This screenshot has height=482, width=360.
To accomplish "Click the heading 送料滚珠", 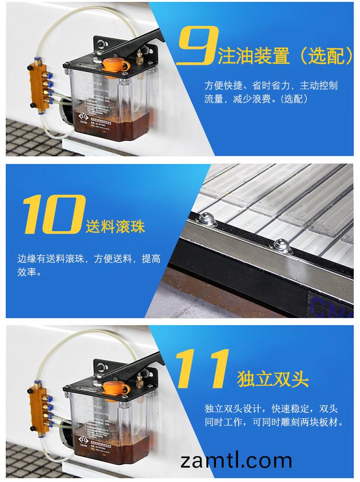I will click(115, 225).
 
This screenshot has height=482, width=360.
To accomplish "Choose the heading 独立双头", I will click(273, 379).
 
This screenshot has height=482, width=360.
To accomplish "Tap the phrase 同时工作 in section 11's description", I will click(228, 423).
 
